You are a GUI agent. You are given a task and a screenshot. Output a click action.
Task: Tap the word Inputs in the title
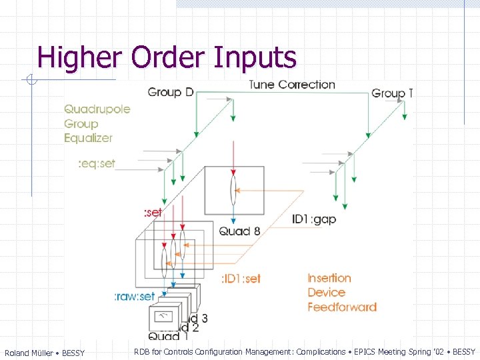255,57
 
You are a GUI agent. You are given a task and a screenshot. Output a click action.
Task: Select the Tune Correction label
292,85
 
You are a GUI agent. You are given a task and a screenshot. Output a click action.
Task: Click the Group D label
171,92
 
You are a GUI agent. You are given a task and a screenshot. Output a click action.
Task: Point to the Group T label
392,93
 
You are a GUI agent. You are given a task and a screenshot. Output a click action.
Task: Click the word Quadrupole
97,109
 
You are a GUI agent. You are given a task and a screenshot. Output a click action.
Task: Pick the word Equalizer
89,138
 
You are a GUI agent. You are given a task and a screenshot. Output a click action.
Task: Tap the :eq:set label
97,163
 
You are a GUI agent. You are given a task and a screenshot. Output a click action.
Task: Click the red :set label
153,213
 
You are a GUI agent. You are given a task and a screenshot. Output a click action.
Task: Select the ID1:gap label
314,219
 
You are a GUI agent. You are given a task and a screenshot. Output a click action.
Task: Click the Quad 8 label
239,231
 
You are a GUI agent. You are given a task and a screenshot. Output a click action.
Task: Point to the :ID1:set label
241,279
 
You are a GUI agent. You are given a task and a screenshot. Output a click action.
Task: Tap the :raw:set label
135,296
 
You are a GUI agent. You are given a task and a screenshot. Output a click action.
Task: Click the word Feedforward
342,307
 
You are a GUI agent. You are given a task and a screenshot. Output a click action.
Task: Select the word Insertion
329,278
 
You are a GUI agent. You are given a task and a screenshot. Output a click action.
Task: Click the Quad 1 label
164,336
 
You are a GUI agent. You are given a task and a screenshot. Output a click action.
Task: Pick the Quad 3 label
197,318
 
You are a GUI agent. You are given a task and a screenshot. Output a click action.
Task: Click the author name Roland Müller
29,353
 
